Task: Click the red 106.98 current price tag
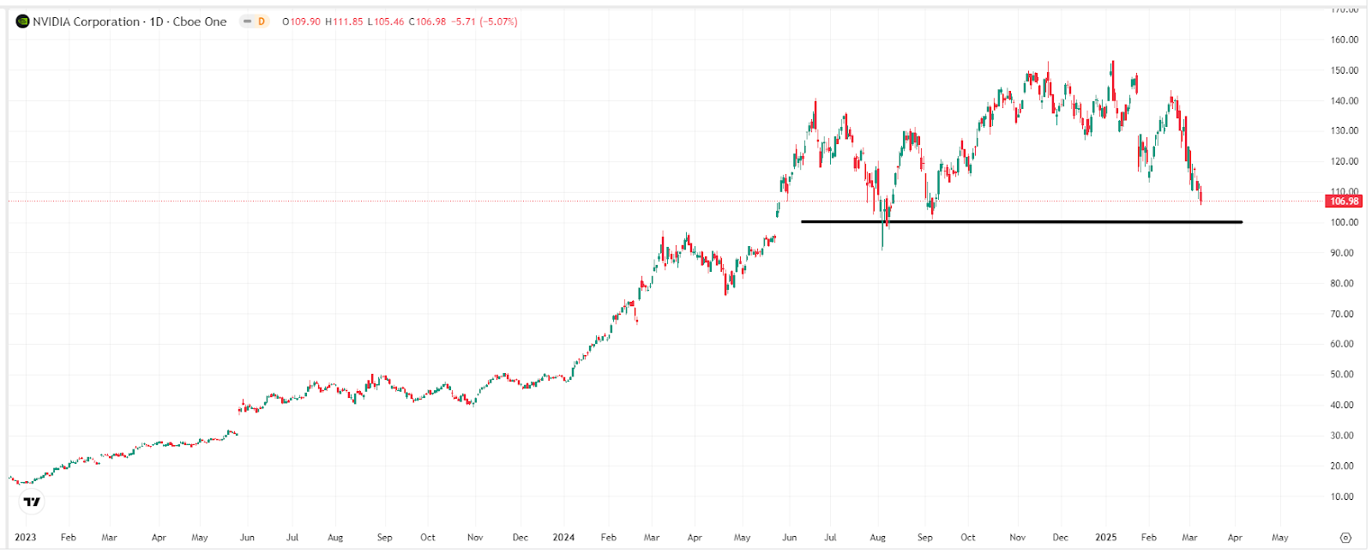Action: click(1344, 202)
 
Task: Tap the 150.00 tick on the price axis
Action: click(1344, 70)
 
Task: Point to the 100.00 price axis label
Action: click(1344, 222)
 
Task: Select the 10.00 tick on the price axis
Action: click(1344, 497)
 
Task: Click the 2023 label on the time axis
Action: click(26, 538)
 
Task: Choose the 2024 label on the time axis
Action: click(563, 538)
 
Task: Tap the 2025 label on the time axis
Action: click(1106, 538)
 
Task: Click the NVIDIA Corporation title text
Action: click(86, 21)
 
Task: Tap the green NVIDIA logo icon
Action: click(22, 21)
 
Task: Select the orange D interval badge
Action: click(262, 21)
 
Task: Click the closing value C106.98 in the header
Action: click(427, 21)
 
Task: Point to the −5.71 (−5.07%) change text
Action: click(484, 21)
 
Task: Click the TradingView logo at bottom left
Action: click(32, 502)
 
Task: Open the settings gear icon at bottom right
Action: click(1345, 538)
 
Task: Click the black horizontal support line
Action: click(1020, 222)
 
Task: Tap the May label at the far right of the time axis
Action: click(1279, 538)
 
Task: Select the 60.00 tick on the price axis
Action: click(1344, 344)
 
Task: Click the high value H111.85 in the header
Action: click(344, 21)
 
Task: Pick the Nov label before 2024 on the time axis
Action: click(475, 538)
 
